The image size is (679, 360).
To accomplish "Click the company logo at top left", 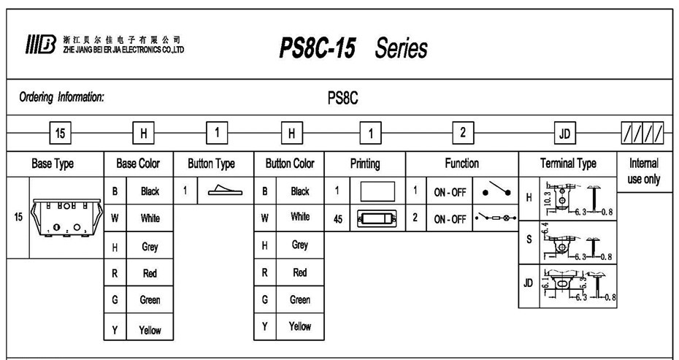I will click(41, 43).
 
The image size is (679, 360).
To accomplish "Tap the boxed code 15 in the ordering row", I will click(61, 133).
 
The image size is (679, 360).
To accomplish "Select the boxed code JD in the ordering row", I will click(564, 134).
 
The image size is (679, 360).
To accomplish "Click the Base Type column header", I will click(53, 164).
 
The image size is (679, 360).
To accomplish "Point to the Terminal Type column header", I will click(568, 164).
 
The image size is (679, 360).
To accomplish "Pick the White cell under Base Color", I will click(150, 218).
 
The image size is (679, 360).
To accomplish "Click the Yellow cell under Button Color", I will click(299, 326).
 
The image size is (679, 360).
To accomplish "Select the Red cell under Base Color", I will click(150, 272).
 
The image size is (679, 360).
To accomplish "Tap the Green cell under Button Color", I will click(299, 299).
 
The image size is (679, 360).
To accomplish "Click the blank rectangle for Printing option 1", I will click(377, 191).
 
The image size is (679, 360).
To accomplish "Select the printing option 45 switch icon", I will click(377, 218).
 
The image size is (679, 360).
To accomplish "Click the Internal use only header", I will click(643, 171).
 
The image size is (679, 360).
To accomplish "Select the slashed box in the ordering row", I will click(643, 134).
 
